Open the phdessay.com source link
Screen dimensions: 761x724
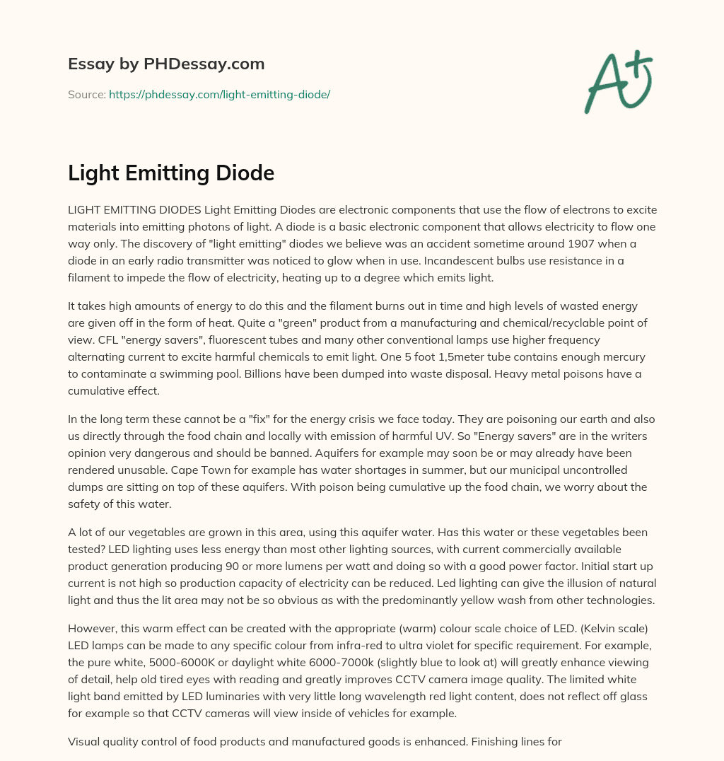[x=219, y=94]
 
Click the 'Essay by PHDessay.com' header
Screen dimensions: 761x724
[x=166, y=64]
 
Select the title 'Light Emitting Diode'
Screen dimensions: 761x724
[x=170, y=173]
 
